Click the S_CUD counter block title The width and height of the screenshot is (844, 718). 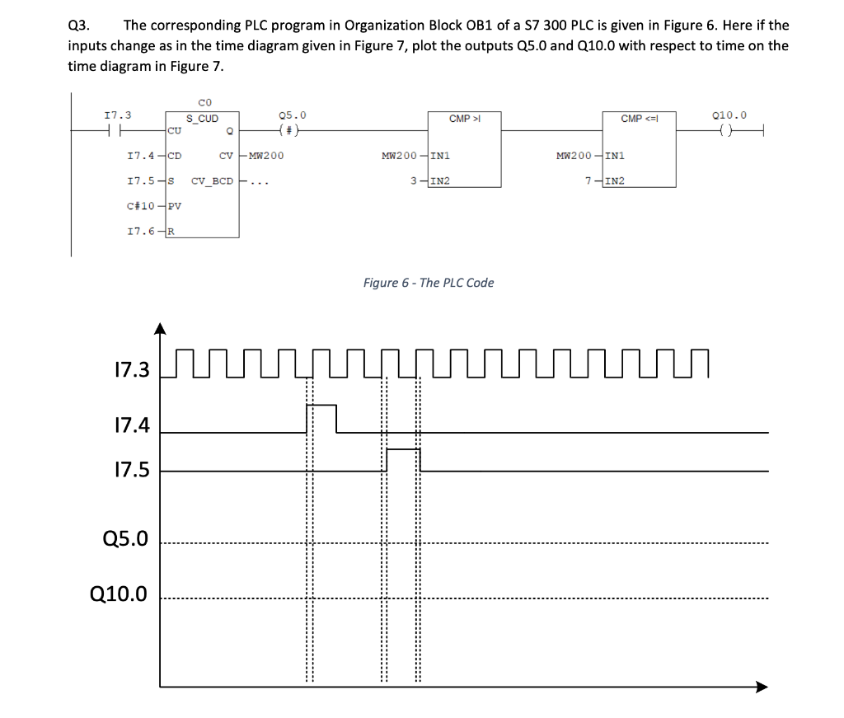click(x=202, y=119)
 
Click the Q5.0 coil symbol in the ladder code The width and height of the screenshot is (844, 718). click(x=288, y=129)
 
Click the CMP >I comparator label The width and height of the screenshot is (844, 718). click(x=465, y=120)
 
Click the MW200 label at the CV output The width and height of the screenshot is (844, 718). click(x=265, y=155)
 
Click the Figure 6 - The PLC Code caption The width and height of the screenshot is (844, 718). click(x=429, y=283)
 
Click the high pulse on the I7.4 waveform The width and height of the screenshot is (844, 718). click(x=321, y=406)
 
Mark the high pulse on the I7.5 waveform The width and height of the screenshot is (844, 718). click(x=403, y=450)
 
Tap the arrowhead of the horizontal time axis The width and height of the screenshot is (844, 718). click(x=761, y=687)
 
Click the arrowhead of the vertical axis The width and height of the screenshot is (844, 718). click(x=161, y=329)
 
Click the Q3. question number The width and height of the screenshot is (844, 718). click(x=79, y=25)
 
